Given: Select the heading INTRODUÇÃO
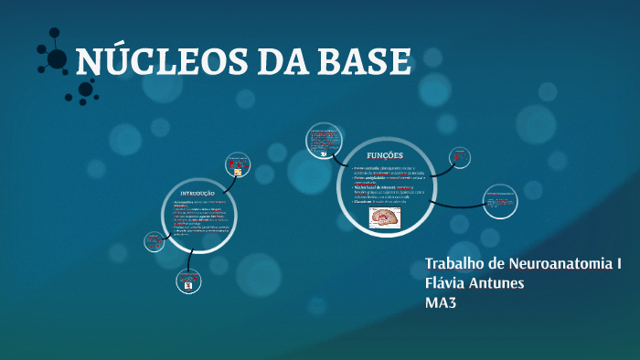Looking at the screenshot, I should coord(197,195).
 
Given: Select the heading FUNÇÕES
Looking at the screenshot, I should coord(384,155).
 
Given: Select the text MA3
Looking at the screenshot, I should coord(441,302).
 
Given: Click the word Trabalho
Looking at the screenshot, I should coord(455,264).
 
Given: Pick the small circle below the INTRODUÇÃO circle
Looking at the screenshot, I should coord(187,281).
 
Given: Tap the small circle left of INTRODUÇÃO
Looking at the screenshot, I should coord(153,242).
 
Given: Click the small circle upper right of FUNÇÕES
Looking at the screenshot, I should coord(461,157).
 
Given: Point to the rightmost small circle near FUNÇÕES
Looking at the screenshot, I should coord(499,200).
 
